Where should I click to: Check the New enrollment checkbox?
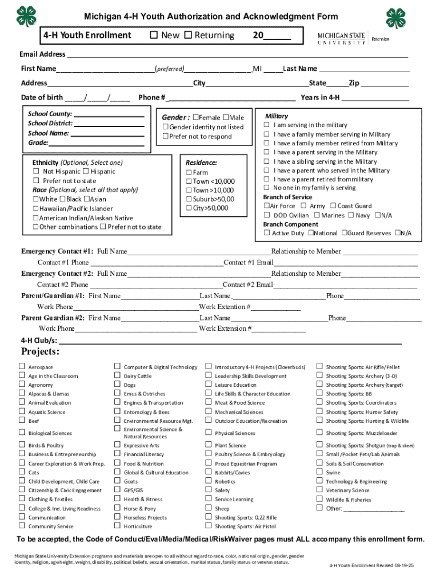[154, 35]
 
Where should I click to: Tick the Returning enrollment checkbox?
[187, 35]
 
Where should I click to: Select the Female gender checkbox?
[196, 118]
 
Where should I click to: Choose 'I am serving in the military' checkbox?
[266, 125]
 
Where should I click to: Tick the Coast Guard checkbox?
[332, 206]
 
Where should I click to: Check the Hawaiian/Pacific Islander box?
[35, 209]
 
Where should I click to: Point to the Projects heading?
[41, 351]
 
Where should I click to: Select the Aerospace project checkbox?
[22, 367]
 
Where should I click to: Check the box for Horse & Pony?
[117, 508]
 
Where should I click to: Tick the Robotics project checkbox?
[208, 481]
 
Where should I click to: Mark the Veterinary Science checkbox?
[319, 490]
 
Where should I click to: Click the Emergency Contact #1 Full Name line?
[199, 252]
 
